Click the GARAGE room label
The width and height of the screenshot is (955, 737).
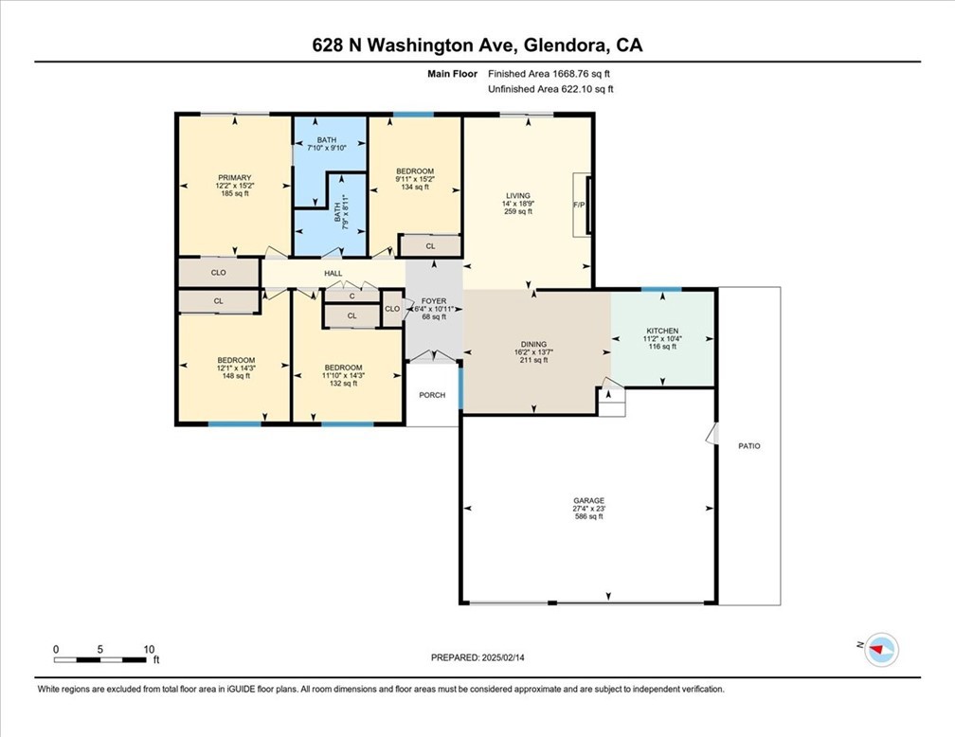coord(589,501)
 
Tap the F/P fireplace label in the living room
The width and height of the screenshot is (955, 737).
coord(579,205)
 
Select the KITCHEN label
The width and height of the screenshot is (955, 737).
coord(662,331)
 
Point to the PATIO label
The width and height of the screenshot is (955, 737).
coord(749,446)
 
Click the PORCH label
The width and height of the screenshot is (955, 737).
coord(432,395)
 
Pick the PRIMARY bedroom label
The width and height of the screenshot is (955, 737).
coord(235,178)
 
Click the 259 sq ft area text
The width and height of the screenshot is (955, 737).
coord(518,211)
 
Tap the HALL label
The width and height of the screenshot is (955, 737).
coord(333,274)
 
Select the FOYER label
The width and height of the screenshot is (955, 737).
coord(434,301)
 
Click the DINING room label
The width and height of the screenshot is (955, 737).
coord(533,344)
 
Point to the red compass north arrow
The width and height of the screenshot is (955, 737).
coord(877,650)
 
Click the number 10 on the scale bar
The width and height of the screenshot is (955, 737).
coord(150,649)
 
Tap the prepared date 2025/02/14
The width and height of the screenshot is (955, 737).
coord(502,657)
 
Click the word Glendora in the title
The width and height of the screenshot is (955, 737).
coord(566,45)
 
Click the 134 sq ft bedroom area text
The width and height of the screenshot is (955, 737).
coord(415,187)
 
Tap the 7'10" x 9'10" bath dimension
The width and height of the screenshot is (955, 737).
coord(327,148)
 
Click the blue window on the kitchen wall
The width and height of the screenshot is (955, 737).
coord(661,289)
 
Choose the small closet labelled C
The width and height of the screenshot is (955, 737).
coord(352,297)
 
